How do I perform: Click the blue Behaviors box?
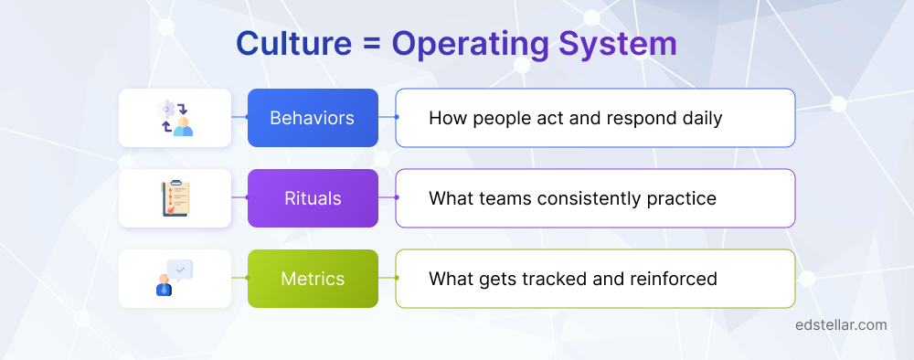tap(313, 118)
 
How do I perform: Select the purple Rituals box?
tap(313, 198)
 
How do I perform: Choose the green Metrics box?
tap(313, 279)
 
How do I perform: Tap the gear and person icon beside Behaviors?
tap(175, 118)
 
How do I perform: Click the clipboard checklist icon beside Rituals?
tap(175, 198)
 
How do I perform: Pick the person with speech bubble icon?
tap(175, 279)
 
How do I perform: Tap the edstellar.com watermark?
tap(840, 324)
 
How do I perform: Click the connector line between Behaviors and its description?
tap(387, 118)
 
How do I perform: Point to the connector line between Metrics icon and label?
tap(239, 279)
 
